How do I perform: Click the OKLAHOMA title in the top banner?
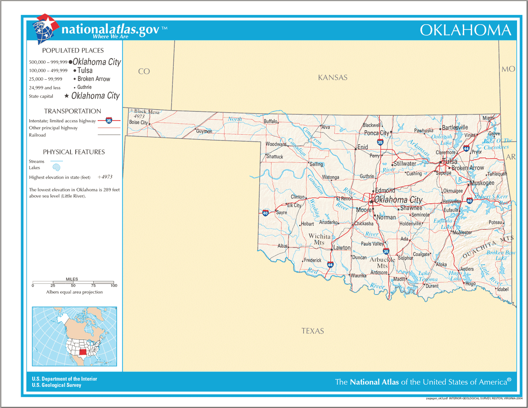pyautogui.click(x=465, y=30)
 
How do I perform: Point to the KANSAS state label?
pyautogui.click(x=333, y=77)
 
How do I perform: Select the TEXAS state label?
pyautogui.click(x=312, y=331)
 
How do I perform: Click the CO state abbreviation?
pyautogui.click(x=144, y=71)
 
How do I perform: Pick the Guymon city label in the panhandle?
pyautogui.click(x=204, y=131)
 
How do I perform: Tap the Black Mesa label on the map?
pyautogui.click(x=147, y=112)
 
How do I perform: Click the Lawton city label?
pyautogui.click(x=342, y=248)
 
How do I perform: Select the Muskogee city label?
pyautogui.click(x=482, y=183)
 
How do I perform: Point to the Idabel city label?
pyautogui.click(x=502, y=289)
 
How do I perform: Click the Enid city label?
pyautogui.click(x=363, y=147)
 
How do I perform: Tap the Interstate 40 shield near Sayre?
pyautogui.click(x=265, y=213)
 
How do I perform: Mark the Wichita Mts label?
pyautogui.click(x=319, y=239)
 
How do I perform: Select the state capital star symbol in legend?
pyautogui.click(x=66, y=96)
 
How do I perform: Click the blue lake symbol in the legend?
pyautogui.click(x=56, y=168)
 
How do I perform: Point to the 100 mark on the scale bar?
pyautogui.click(x=114, y=286)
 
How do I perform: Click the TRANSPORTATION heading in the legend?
pyautogui.click(x=73, y=111)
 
